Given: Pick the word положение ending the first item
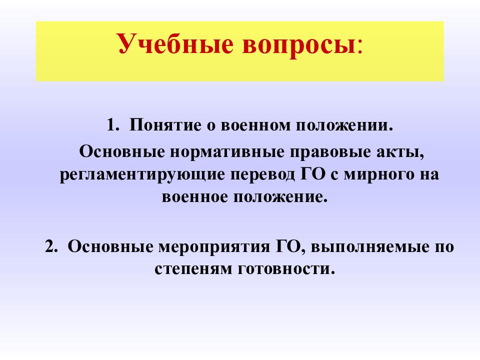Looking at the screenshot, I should tap(285, 196).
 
